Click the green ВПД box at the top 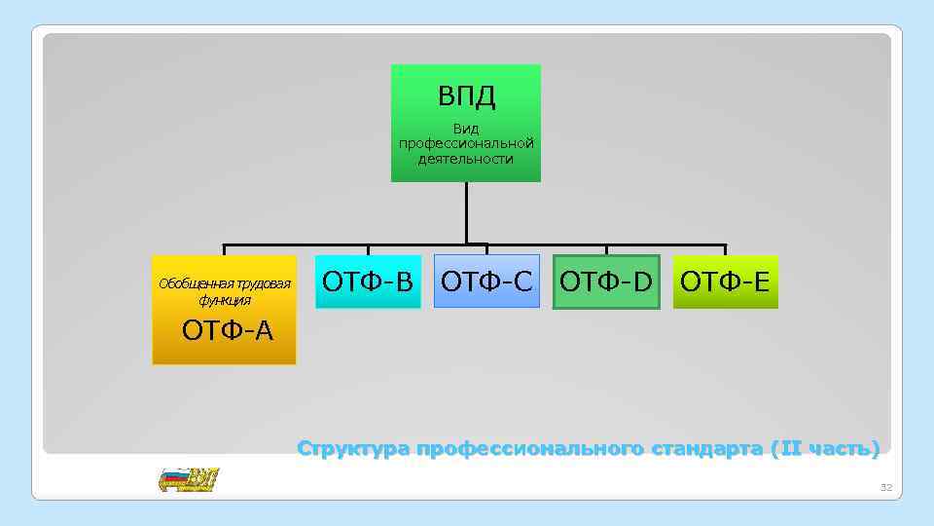(x=465, y=123)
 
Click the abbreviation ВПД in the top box (x=466, y=95)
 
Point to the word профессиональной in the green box (x=466, y=144)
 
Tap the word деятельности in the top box (x=466, y=159)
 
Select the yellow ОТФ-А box (x=224, y=310)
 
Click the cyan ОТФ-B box (x=368, y=282)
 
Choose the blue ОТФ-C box (x=486, y=282)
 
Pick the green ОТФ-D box (x=606, y=282)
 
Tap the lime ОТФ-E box (x=725, y=282)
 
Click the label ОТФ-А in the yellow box (x=228, y=331)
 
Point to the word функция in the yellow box (x=225, y=300)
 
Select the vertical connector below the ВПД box (x=466, y=212)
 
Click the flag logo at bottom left (x=189, y=479)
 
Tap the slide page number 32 (x=884, y=486)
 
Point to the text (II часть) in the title (x=824, y=449)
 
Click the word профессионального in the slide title (x=528, y=449)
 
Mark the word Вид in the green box (x=466, y=129)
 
